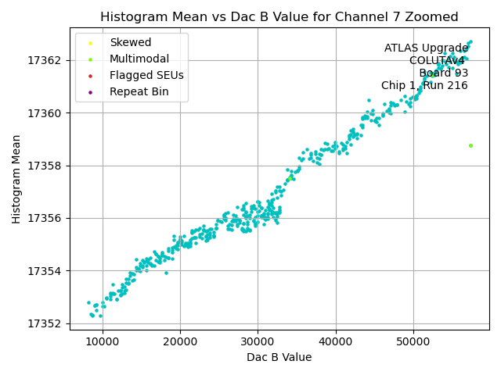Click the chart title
click(279, 16)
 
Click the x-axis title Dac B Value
click(279, 357)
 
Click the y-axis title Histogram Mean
click(16, 179)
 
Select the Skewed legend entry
click(130, 42)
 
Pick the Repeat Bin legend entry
click(139, 92)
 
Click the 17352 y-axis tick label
click(45, 323)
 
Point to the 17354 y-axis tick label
click(45, 271)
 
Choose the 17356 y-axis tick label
click(45, 218)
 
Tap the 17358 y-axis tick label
click(45, 166)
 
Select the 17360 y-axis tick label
click(45, 113)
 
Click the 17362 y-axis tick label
click(45, 60)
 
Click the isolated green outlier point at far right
click(470, 145)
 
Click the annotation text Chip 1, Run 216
click(424, 85)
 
